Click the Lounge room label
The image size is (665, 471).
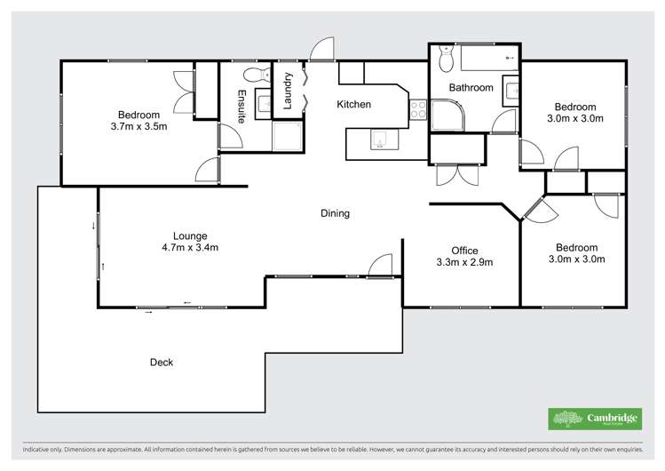click(190, 235)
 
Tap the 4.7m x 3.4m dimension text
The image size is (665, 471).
click(190, 248)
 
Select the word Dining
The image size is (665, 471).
click(335, 213)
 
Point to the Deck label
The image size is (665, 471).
click(162, 363)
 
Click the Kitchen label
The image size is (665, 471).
click(353, 105)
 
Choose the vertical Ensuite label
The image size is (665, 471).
click(241, 106)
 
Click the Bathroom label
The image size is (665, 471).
click(471, 88)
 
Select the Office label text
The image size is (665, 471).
click(464, 251)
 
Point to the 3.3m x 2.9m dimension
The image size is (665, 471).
click(464, 262)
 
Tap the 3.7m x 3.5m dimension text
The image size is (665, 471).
click(137, 127)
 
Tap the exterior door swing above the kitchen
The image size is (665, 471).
click(322, 50)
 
